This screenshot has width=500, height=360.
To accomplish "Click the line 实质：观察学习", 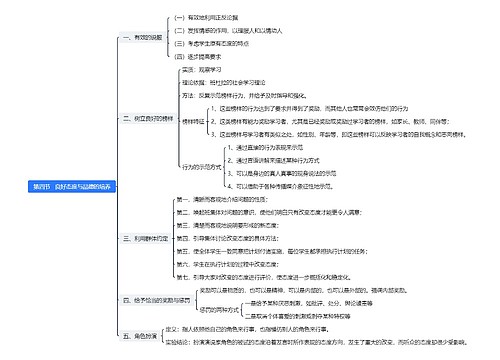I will [x=208, y=70].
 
